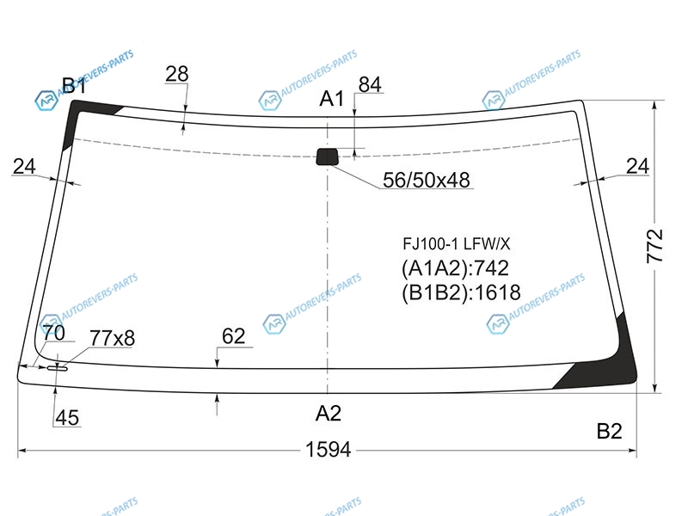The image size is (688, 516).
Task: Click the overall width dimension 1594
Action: point(329,449)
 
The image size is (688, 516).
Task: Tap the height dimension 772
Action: point(654,246)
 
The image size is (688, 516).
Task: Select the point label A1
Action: point(332,99)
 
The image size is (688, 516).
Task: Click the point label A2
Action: point(329,414)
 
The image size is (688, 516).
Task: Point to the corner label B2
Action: point(609,432)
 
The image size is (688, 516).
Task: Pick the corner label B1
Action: point(74,85)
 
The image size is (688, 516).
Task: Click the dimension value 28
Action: point(177,74)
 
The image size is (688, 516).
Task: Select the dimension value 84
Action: point(370,84)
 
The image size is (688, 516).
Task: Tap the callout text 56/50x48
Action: point(426,180)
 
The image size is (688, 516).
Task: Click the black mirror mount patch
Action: point(328,157)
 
